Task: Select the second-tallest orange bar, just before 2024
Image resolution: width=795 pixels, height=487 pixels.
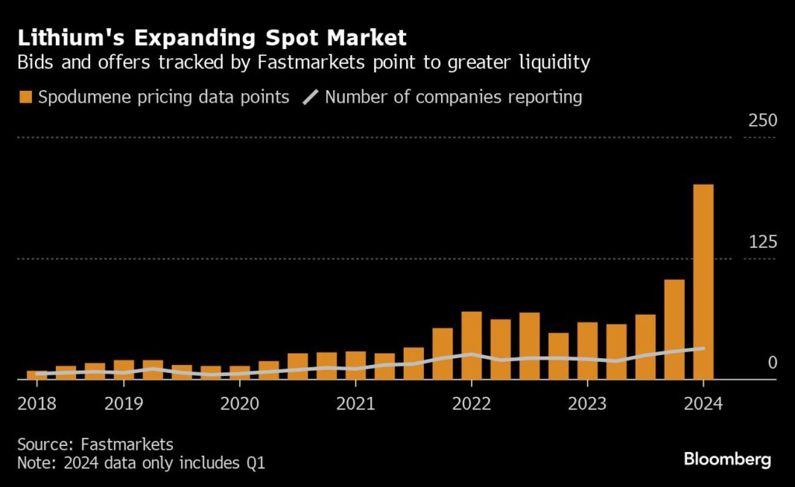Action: coord(674,329)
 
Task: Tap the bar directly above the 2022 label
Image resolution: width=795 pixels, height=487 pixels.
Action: coord(471,345)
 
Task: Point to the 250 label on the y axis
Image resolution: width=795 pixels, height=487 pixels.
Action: coord(762,121)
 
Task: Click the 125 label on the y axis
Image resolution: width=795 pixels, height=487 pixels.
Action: coord(762,242)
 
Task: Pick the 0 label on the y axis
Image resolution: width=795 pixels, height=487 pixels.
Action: coord(772,363)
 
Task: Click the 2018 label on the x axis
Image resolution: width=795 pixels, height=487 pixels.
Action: coord(36,404)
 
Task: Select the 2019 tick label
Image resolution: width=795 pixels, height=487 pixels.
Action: coord(123,404)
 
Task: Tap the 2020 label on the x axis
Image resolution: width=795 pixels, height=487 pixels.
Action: coord(239,404)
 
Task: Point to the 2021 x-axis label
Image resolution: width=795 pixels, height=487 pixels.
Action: coord(355,404)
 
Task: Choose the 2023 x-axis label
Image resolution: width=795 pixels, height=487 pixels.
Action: coord(587,404)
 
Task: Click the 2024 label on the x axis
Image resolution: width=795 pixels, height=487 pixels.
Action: coord(703,404)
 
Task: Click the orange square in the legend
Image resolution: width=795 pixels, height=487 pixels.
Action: coord(26,98)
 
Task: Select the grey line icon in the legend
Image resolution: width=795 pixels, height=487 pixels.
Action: coord(311,98)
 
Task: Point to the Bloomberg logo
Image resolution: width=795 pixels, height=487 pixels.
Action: coord(727,459)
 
